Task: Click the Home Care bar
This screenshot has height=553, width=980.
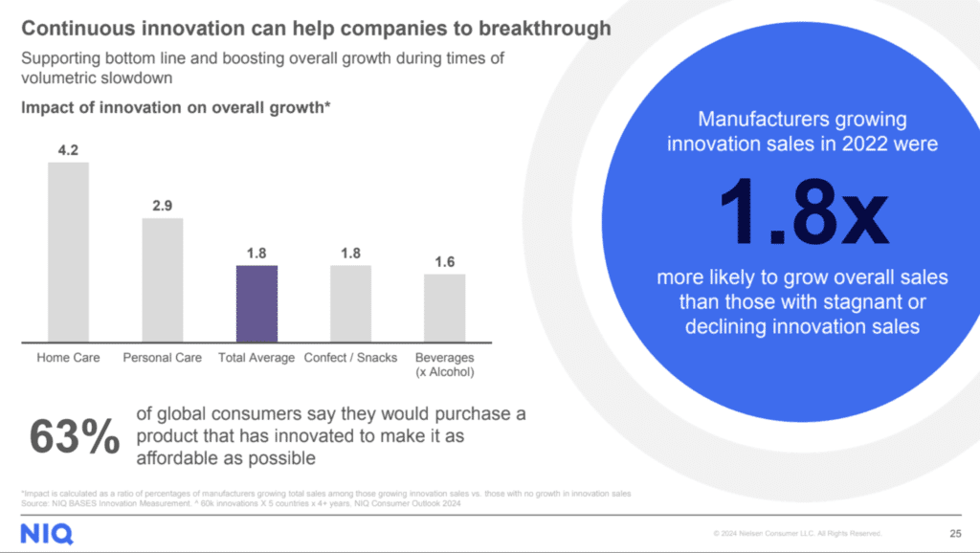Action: pos(68,252)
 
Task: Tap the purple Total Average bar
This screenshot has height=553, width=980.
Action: pos(256,303)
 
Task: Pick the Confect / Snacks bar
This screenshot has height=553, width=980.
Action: pos(350,303)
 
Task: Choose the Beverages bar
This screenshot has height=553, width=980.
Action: pos(445,308)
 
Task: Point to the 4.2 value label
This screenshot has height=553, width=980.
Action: pos(68,149)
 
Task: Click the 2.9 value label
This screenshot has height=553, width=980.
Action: pos(163,206)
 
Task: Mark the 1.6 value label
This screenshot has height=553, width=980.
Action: pos(445,261)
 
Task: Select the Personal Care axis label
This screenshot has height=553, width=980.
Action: pos(163,358)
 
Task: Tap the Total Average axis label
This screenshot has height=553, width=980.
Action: pos(256,358)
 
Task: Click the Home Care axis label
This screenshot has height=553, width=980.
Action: pos(68,358)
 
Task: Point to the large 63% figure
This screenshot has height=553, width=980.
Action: pos(75,436)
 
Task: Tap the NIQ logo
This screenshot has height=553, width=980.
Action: pos(46,532)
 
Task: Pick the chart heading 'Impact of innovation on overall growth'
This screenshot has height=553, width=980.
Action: pos(176,108)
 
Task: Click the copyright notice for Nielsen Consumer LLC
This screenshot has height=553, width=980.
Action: pos(797,534)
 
